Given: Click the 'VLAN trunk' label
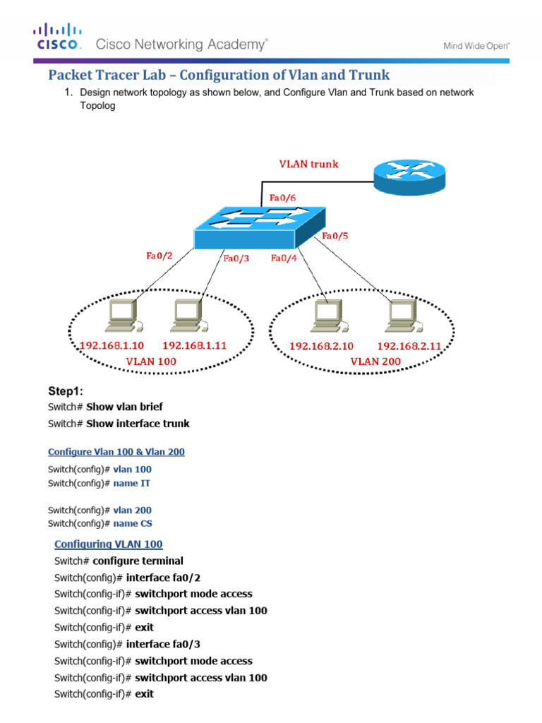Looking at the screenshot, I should (307, 164).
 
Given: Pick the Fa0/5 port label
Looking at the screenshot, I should (335, 236).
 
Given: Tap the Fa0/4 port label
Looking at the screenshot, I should (284, 258).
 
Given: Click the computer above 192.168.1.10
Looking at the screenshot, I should (121, 316).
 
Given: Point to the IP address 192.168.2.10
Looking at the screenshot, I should (322, 347).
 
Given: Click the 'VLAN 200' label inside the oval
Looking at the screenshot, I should (375, 361).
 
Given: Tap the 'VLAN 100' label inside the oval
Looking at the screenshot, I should (151, 361).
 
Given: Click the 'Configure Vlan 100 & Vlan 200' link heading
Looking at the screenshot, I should (116, 452).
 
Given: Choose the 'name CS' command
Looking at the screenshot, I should (132, 523).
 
